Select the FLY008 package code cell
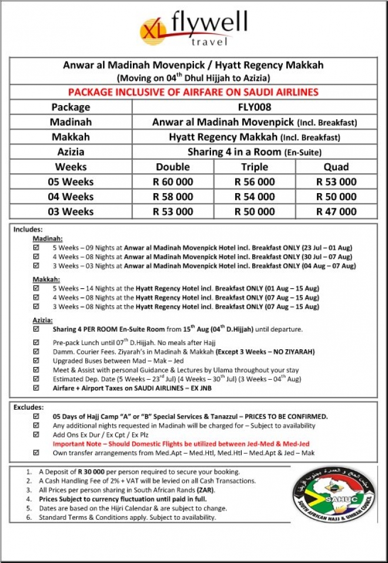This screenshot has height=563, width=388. [254, 107]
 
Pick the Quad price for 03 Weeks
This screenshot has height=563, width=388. [336, 211]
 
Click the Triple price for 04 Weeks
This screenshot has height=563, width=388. [254, 197]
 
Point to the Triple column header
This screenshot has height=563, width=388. [254, 167]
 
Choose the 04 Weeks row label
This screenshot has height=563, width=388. [70, 197]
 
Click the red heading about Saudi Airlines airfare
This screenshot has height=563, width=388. [193, 92]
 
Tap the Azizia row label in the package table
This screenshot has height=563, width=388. [70, 152]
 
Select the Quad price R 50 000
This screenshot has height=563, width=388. [336, 197]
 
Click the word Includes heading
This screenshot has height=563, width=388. [29, 230]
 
